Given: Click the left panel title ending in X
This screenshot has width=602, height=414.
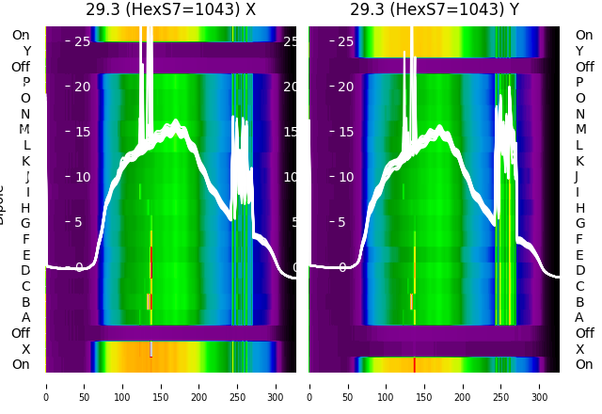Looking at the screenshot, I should click(x=170, y=10).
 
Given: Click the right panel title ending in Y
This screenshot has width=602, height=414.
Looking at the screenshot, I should click(x=435, y=10).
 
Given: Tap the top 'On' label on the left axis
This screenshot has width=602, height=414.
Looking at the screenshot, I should click(x=21, y=36).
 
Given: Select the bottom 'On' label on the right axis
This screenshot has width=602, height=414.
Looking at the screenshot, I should click(x=584, y=365).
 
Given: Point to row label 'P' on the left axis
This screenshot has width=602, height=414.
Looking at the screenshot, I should click(x=25, y=83).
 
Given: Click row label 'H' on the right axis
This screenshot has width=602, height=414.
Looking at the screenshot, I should click(x=579, y=208).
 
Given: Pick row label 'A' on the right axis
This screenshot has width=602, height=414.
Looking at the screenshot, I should click(x=579, y=318).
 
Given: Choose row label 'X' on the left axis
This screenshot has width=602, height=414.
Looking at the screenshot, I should click(x=26, y=349).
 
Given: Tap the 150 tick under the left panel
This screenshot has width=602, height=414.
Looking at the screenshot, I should click(x=161, y=386).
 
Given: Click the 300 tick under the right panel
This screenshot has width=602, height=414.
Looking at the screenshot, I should click(x=540, y=386).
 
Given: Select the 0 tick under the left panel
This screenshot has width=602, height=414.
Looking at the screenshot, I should click(x=45, y=386).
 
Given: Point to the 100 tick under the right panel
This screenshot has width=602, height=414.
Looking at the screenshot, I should click(x=386, y=386).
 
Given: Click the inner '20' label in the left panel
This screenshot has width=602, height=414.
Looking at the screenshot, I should click(x=82, y=87).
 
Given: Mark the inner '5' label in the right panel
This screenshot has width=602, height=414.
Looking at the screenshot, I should click(x=342, y=223).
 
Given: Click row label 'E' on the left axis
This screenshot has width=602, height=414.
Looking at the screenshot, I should click(x=26, y=255).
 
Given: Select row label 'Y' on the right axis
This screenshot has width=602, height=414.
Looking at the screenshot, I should click(x=579, y=52).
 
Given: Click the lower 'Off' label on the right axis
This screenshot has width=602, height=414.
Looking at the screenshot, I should click(x=584, y=333).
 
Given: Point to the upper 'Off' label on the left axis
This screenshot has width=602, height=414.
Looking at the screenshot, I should click(x=21, y=67).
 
